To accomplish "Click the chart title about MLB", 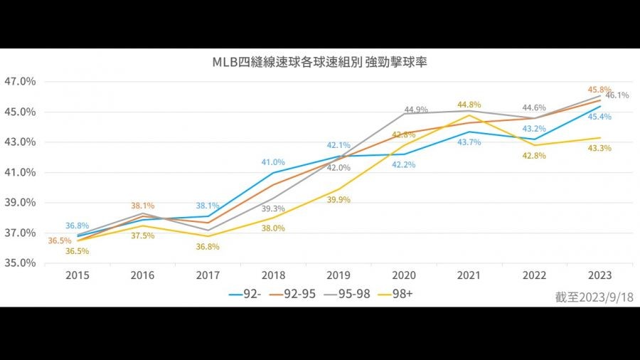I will pos(319,61).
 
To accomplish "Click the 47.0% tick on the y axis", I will pos(21,81).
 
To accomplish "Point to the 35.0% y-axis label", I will pos(21,263).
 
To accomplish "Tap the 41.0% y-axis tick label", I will pos(21,172).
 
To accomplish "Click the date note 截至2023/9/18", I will pos(594,297).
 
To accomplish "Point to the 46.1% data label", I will pos(617,95).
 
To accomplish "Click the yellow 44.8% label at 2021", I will pos(469,105).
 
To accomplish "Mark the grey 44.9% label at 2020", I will pos(415,110).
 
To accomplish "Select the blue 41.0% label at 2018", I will pos(273,162).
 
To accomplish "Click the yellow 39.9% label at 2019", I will pos(338,200).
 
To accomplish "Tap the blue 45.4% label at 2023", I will pos(601,117).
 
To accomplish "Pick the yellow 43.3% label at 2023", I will pos(599,148).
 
